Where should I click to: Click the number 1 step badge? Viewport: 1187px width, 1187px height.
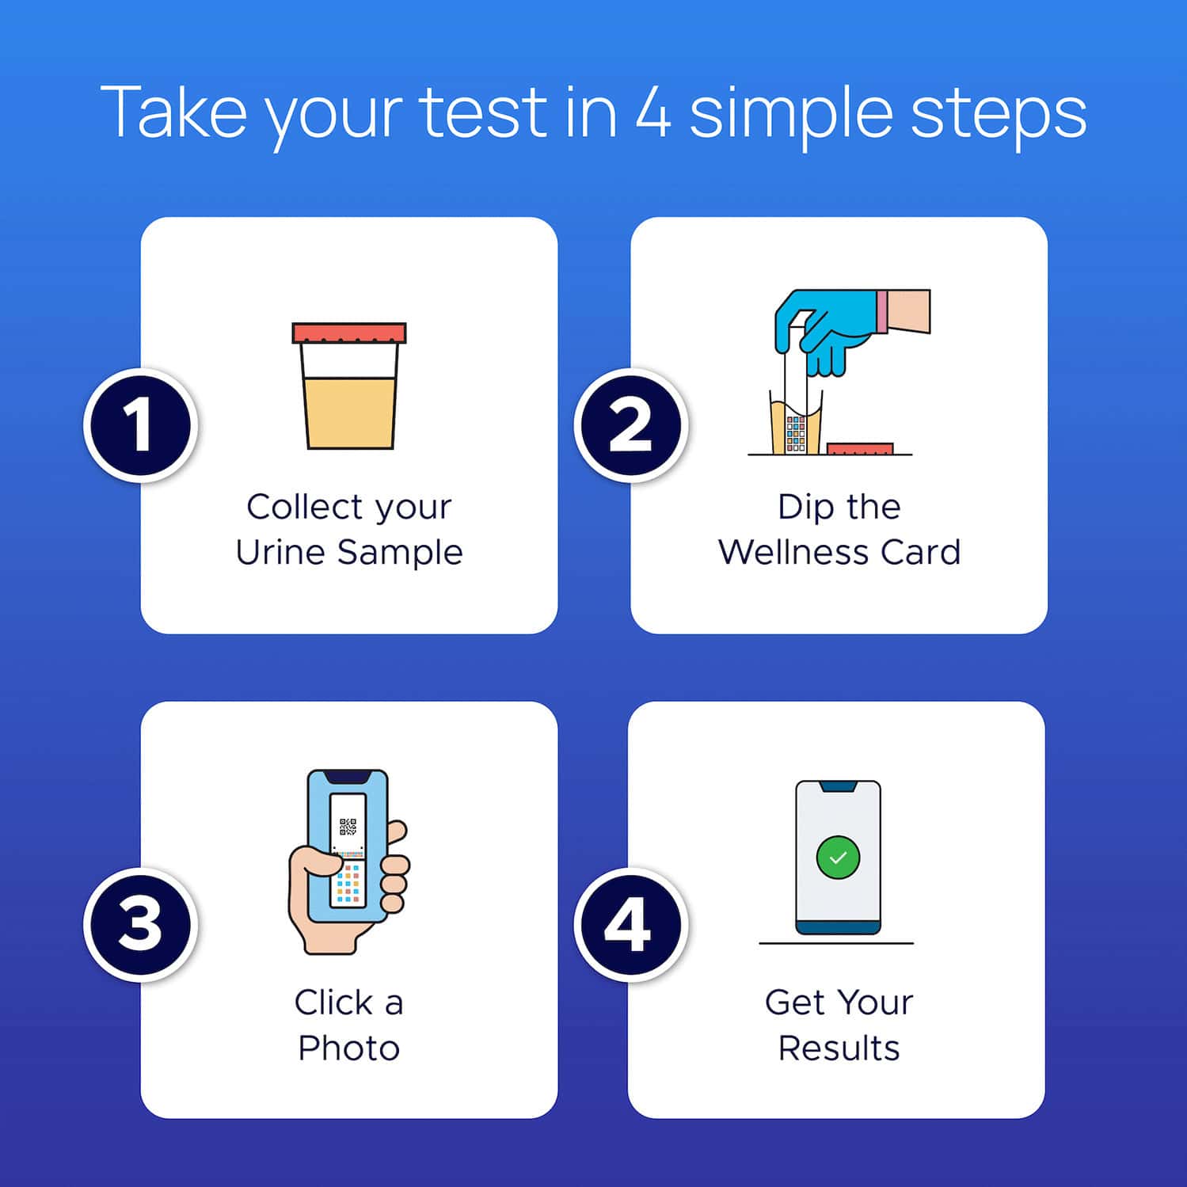click(139, 425)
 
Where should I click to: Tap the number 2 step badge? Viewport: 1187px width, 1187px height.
click(630, 425)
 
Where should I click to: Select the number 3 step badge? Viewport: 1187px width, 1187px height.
click(139, 924)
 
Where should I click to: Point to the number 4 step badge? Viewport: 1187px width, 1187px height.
click(630, 924)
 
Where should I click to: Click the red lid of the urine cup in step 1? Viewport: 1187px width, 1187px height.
click(349, 333)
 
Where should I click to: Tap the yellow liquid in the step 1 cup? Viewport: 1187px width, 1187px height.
click(349, 412)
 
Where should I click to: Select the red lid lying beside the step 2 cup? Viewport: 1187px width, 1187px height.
click(860, 449)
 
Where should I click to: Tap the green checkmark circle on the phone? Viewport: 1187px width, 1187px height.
click(838, 858)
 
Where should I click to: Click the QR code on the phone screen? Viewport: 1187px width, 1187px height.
click(348, 827)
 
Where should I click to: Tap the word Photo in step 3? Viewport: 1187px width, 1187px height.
click(349, 1048)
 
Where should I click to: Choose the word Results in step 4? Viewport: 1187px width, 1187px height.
click(839, 1048)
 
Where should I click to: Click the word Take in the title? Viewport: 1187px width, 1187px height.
click(173, 112)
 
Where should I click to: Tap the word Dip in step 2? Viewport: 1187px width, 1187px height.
click(802, 508)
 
